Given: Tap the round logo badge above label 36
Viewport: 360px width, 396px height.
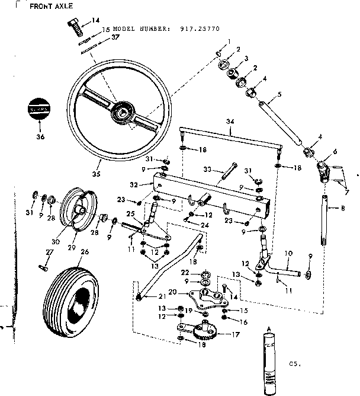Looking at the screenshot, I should (40, 110).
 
